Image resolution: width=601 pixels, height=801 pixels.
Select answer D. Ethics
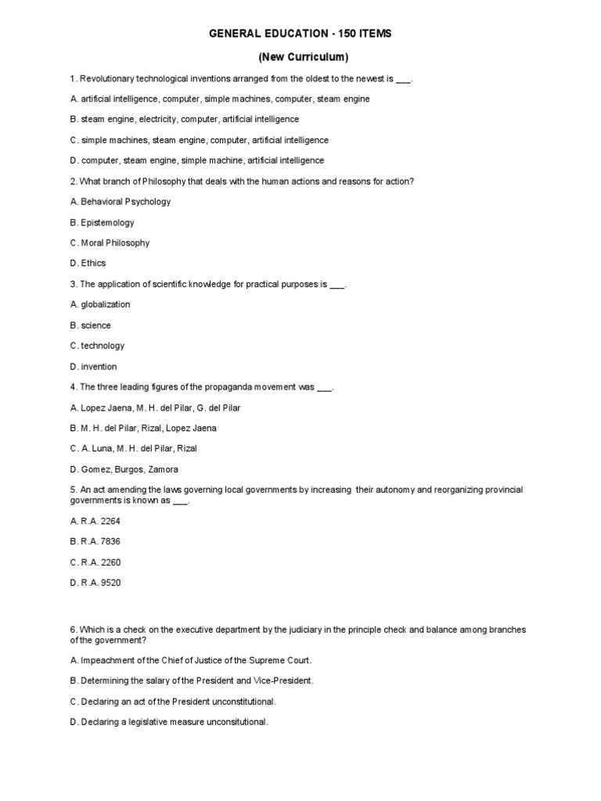point(88,264)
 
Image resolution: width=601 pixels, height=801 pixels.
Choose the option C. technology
point(97,346)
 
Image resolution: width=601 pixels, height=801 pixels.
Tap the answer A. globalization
point(100,304)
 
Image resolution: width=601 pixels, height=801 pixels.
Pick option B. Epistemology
point(102,223)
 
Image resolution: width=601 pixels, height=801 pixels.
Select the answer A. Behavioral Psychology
point(121,202)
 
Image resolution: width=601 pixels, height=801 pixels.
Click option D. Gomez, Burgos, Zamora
point(124,469)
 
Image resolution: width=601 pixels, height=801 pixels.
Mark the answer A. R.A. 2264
point(95,521)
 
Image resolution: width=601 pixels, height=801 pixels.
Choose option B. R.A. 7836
point(95,541)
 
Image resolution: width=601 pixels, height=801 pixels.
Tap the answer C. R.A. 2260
point(95,562)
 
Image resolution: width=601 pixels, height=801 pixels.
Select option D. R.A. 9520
point(95,583)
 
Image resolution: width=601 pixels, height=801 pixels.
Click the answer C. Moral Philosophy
point(110,243)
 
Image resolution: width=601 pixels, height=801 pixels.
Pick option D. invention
point(93,366)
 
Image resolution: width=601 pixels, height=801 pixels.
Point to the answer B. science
point(90,325)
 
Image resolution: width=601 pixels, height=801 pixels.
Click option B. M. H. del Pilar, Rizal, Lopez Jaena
point(143,428)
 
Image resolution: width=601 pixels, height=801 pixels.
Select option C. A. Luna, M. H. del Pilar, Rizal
point(133,448)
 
